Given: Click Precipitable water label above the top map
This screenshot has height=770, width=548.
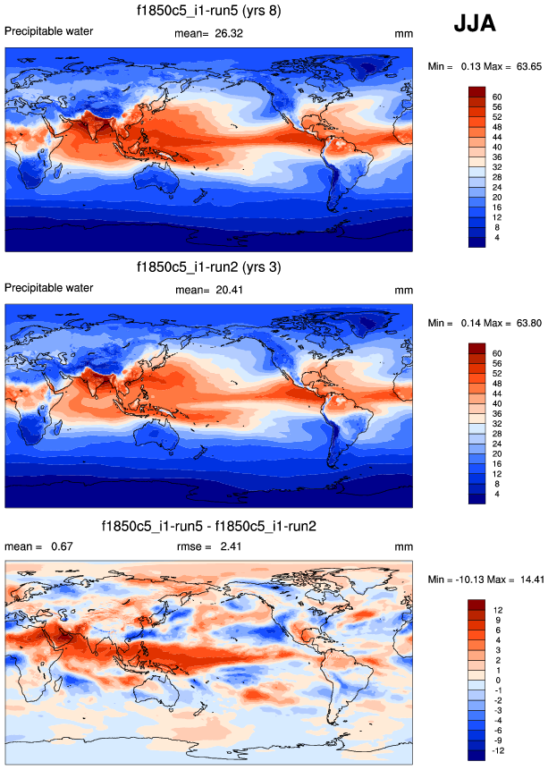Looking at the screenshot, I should (48, 32).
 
